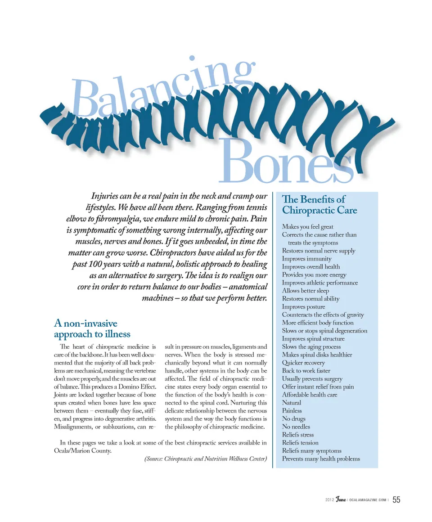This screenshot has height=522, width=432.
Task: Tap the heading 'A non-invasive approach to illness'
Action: tap(92, 328)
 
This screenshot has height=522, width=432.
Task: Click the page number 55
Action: tap(396, 500)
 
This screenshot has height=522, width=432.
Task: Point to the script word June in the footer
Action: tap(340, 500)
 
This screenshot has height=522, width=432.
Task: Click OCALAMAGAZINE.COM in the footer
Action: tap(368, 500)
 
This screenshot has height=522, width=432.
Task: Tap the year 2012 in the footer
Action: tap(330, 500)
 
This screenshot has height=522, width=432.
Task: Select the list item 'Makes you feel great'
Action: tap(307, 227)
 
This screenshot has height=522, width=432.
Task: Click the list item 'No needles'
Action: tap(296, 427)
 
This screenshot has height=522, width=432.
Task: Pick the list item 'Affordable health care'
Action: tap(309, 395)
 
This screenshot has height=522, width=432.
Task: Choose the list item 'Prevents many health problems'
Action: tap(321, 459)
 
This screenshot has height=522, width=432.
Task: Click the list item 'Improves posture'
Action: tap(303, 307)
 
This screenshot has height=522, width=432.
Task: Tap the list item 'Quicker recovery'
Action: tap(303, 363)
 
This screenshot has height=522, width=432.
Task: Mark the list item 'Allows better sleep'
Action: tap(305, 291)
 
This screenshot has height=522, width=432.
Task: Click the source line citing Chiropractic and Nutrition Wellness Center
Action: tap(206, 459)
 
